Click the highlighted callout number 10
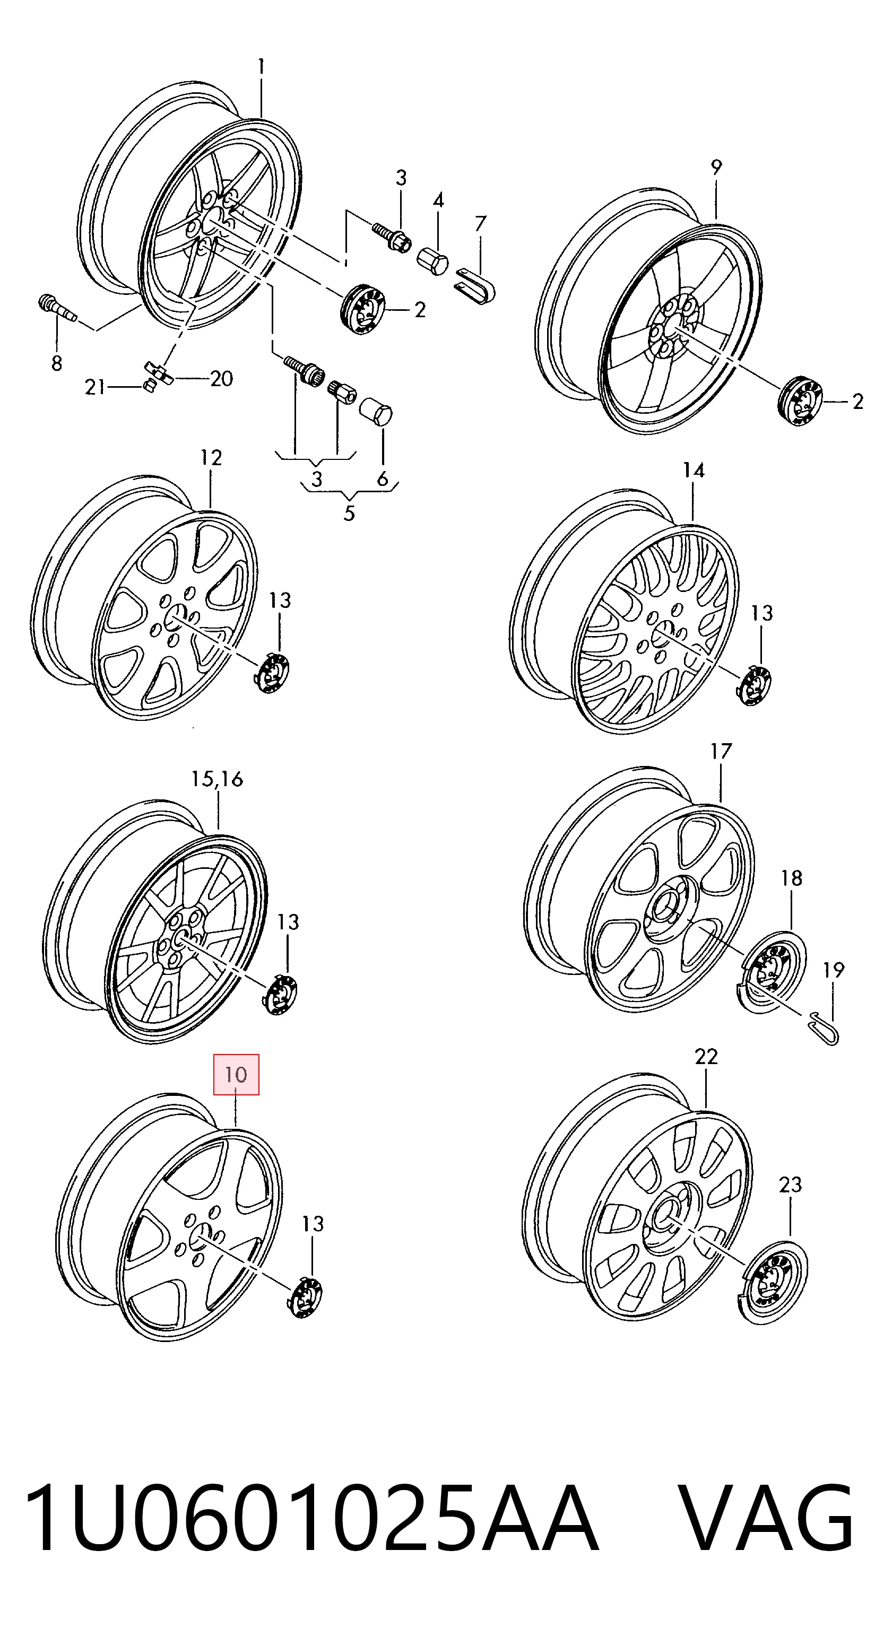pos(236,1074)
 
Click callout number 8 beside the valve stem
pos(57,363)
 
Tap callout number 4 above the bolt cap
pos(438,201)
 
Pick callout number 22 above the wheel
pos(706,1057)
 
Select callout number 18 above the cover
pos(791,878)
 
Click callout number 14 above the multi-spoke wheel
pos(694,471)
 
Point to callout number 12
pos(211,457)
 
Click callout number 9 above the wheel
pos(716,168)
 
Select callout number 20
pos(221,378)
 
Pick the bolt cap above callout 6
pos(377,415)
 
